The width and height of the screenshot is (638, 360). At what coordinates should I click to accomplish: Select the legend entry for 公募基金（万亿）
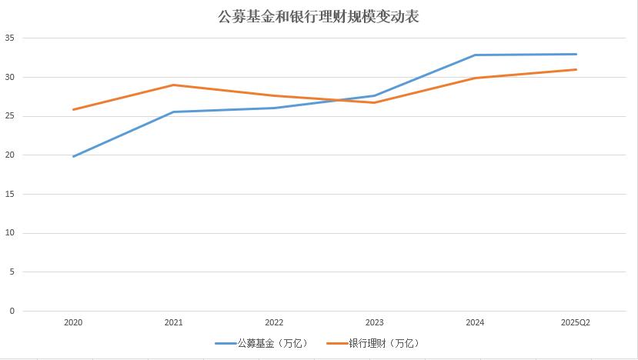(262, 343)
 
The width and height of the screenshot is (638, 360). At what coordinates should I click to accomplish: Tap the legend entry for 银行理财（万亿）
(374, 343)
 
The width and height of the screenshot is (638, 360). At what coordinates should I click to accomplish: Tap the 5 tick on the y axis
(12, 272)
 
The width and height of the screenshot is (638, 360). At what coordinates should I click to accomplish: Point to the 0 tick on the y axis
(12, 312)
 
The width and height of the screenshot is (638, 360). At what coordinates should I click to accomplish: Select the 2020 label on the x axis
(73, 323)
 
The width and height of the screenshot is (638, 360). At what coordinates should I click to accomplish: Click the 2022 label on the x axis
(274, 323)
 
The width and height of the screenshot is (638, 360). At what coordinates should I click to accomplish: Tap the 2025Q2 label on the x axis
(576, 323)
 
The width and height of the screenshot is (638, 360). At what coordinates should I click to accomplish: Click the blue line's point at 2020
(73, 157)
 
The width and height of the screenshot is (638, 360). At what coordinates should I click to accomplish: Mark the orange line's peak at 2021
(174, 85)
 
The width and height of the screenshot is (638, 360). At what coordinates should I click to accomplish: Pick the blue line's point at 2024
(476, 55)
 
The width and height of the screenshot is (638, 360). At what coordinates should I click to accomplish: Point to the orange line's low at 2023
(375, 102)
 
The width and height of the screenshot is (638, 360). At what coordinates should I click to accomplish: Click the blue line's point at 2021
(174, 112)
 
